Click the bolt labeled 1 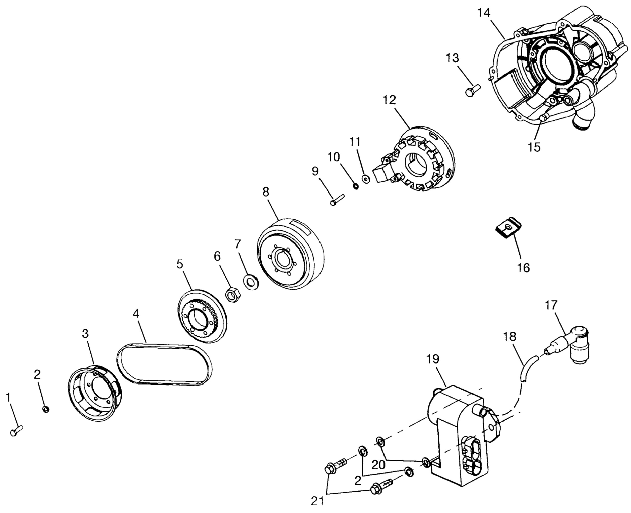click(16, 431)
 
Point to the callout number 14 click(484, 13)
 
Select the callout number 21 click(317, 501)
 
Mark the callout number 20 click(378, 465)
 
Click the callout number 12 click(389, 100)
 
